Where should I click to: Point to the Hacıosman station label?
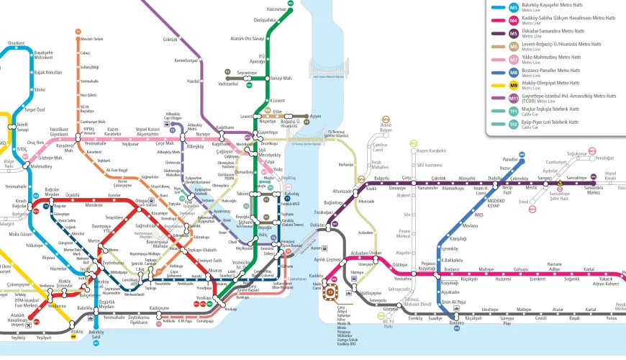[x=277, y=9]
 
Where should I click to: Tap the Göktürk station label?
[x=171, y=39]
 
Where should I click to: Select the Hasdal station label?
[x=193, y=81]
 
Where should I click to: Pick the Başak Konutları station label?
[x=47, y=73]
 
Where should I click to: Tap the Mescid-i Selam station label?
[x=92, y=39]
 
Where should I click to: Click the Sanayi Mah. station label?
[x=281, y=77]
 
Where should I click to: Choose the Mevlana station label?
[x=471, y=225]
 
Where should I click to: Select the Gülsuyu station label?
[x=520, y=269]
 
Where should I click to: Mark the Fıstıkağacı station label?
[x=316, y=212]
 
